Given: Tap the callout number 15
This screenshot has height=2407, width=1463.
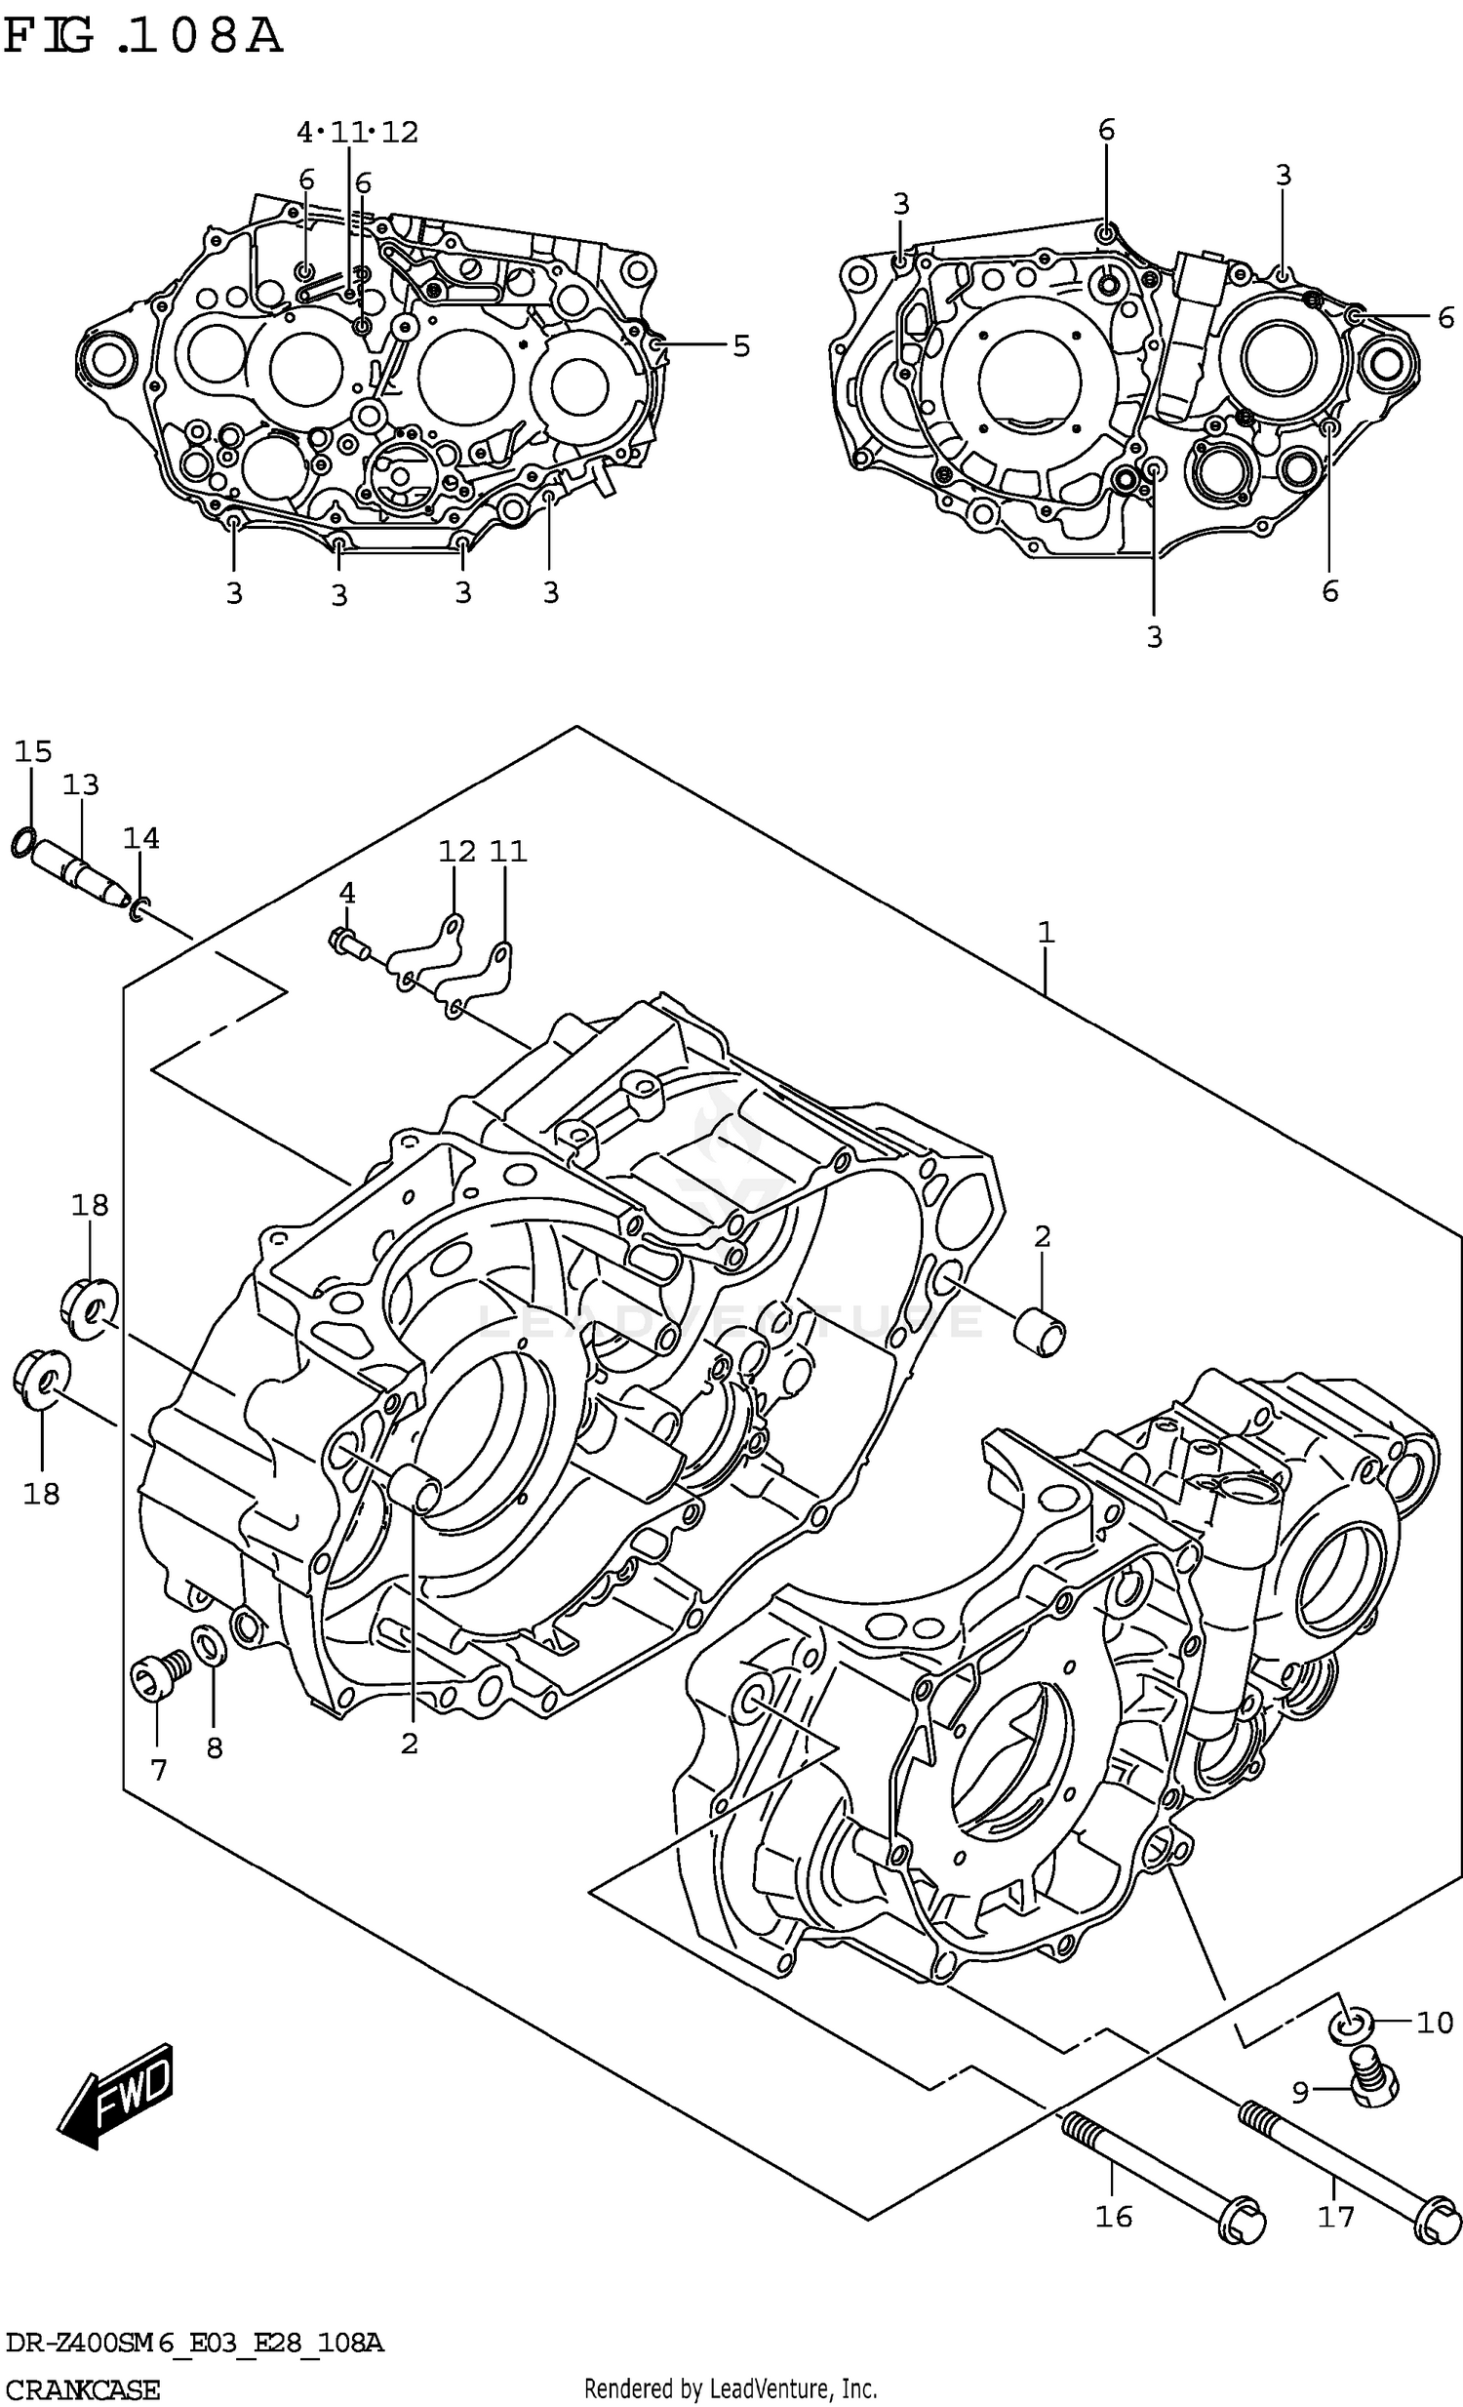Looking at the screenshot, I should coord(33,751).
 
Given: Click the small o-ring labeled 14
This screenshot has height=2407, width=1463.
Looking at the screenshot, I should coord(139,910).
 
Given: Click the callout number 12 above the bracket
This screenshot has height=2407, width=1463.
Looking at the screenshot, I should coord(456,851).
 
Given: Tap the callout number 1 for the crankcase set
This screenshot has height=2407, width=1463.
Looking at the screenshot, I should coord(1046,932).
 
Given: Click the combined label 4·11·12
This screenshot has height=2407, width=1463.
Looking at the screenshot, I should coord(357,132).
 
